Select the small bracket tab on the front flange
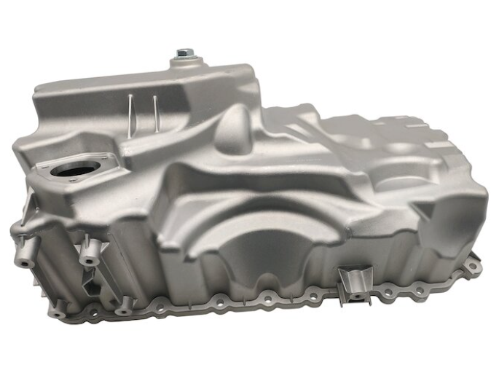click(x=355, y=281)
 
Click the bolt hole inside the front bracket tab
click(x=355, y=295)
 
